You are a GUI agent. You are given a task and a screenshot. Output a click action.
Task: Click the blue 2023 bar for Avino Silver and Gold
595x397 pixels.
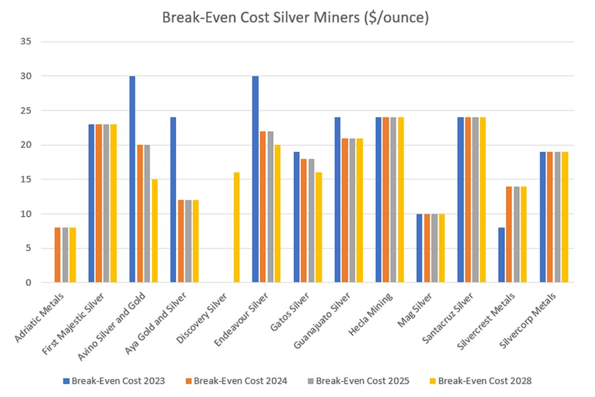coord(132,179)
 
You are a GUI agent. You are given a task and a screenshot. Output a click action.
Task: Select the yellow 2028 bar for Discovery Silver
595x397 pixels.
coord(237,227)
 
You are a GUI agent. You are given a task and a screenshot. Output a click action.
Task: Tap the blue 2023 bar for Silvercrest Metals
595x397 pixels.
coord(502,255)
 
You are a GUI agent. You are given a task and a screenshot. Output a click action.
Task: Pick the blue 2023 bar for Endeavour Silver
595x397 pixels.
coord(255,179)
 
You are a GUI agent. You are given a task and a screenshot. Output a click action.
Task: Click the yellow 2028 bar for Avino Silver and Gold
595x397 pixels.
coord(155,231)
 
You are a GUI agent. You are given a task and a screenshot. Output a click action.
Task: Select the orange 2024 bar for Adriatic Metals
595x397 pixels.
coord(57,255)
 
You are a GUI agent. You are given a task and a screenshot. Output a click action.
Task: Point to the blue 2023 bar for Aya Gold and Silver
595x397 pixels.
coord(174,200)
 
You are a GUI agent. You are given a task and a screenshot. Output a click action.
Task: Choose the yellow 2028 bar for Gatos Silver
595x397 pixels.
coord(319,227)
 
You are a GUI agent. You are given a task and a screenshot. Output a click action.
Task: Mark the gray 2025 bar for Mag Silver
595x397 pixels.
coord(434,248)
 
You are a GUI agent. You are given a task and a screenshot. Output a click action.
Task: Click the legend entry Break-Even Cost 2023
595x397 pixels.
coord(114,381)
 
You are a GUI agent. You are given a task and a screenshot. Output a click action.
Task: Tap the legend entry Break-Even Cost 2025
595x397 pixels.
coord(358,381)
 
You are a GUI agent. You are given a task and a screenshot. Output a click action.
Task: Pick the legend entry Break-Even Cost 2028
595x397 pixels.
coord(480,381)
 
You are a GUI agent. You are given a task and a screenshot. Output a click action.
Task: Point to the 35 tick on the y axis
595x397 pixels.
coord(25,42)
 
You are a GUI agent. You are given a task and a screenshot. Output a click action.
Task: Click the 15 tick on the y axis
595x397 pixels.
coord(25,179)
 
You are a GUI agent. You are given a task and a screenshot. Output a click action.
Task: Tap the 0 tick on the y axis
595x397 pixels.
coord(28,282)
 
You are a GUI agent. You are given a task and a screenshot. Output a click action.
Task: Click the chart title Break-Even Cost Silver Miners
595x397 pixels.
coord(295,18)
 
